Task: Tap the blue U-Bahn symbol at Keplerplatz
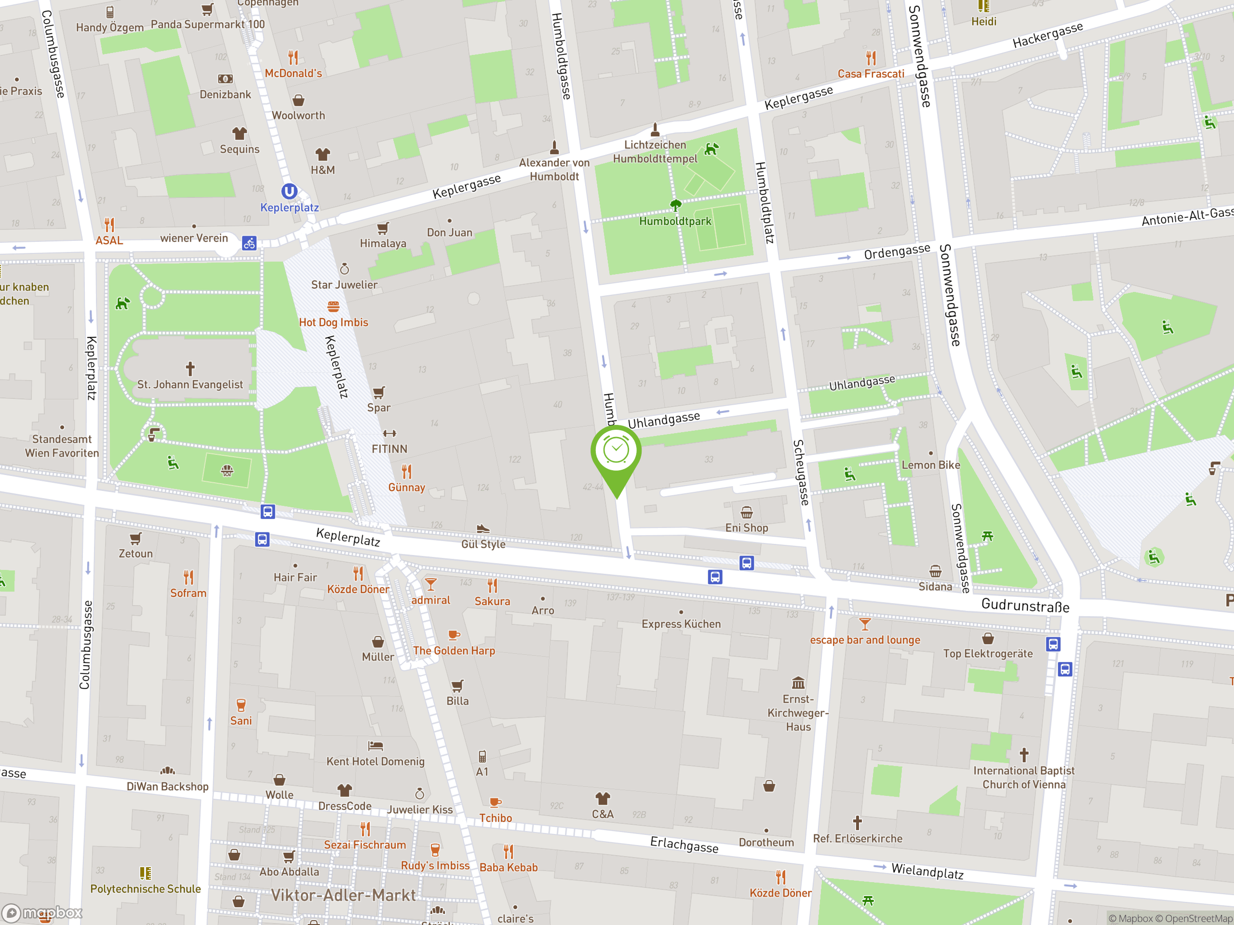[289, 192]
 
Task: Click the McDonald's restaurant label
[293, 73]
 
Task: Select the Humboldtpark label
[675, 221]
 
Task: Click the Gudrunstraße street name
[1025, 605]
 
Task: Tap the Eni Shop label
[746, 528]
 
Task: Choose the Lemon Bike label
[930, 464]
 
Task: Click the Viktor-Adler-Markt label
[343, 895]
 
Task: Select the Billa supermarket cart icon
[457, 685]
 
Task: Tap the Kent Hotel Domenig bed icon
[376, 745]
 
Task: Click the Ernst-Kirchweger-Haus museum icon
[798, 683]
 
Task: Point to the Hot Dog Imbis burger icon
[333, 306]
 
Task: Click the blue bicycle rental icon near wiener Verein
[249, 243]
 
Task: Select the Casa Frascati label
[871, 74]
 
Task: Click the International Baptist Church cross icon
[1024, 755]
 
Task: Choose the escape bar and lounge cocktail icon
[865, 623]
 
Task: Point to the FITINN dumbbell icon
[389, 433]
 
